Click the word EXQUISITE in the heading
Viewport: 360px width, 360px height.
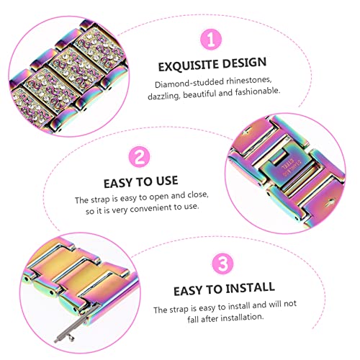188,66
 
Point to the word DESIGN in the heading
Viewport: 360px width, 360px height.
246,66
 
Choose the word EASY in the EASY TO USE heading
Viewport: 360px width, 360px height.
117,181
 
